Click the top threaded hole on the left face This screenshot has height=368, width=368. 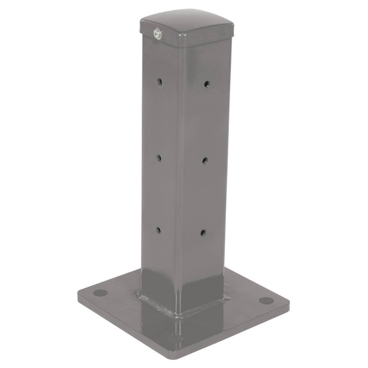159,81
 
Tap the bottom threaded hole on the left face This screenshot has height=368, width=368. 159,230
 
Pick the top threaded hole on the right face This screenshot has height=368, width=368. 207,84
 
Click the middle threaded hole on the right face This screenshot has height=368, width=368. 205,160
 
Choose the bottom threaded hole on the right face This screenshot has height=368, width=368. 203,232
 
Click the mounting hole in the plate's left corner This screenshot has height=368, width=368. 100,293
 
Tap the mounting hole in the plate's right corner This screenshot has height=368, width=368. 266,301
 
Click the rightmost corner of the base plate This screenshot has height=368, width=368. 289,302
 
